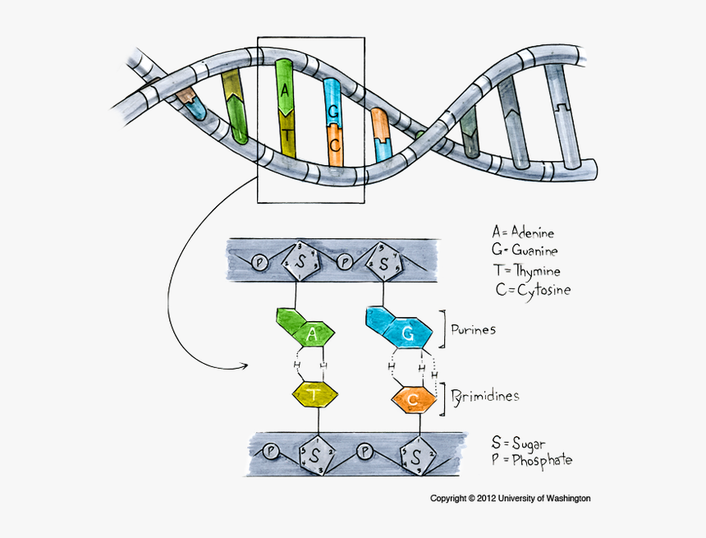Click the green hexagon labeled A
(311, 333)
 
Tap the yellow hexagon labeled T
(315, 395)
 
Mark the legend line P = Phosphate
(532, 460)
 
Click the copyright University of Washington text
(511, 499)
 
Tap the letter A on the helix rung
(285, 90)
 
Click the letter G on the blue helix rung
(332, 111)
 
